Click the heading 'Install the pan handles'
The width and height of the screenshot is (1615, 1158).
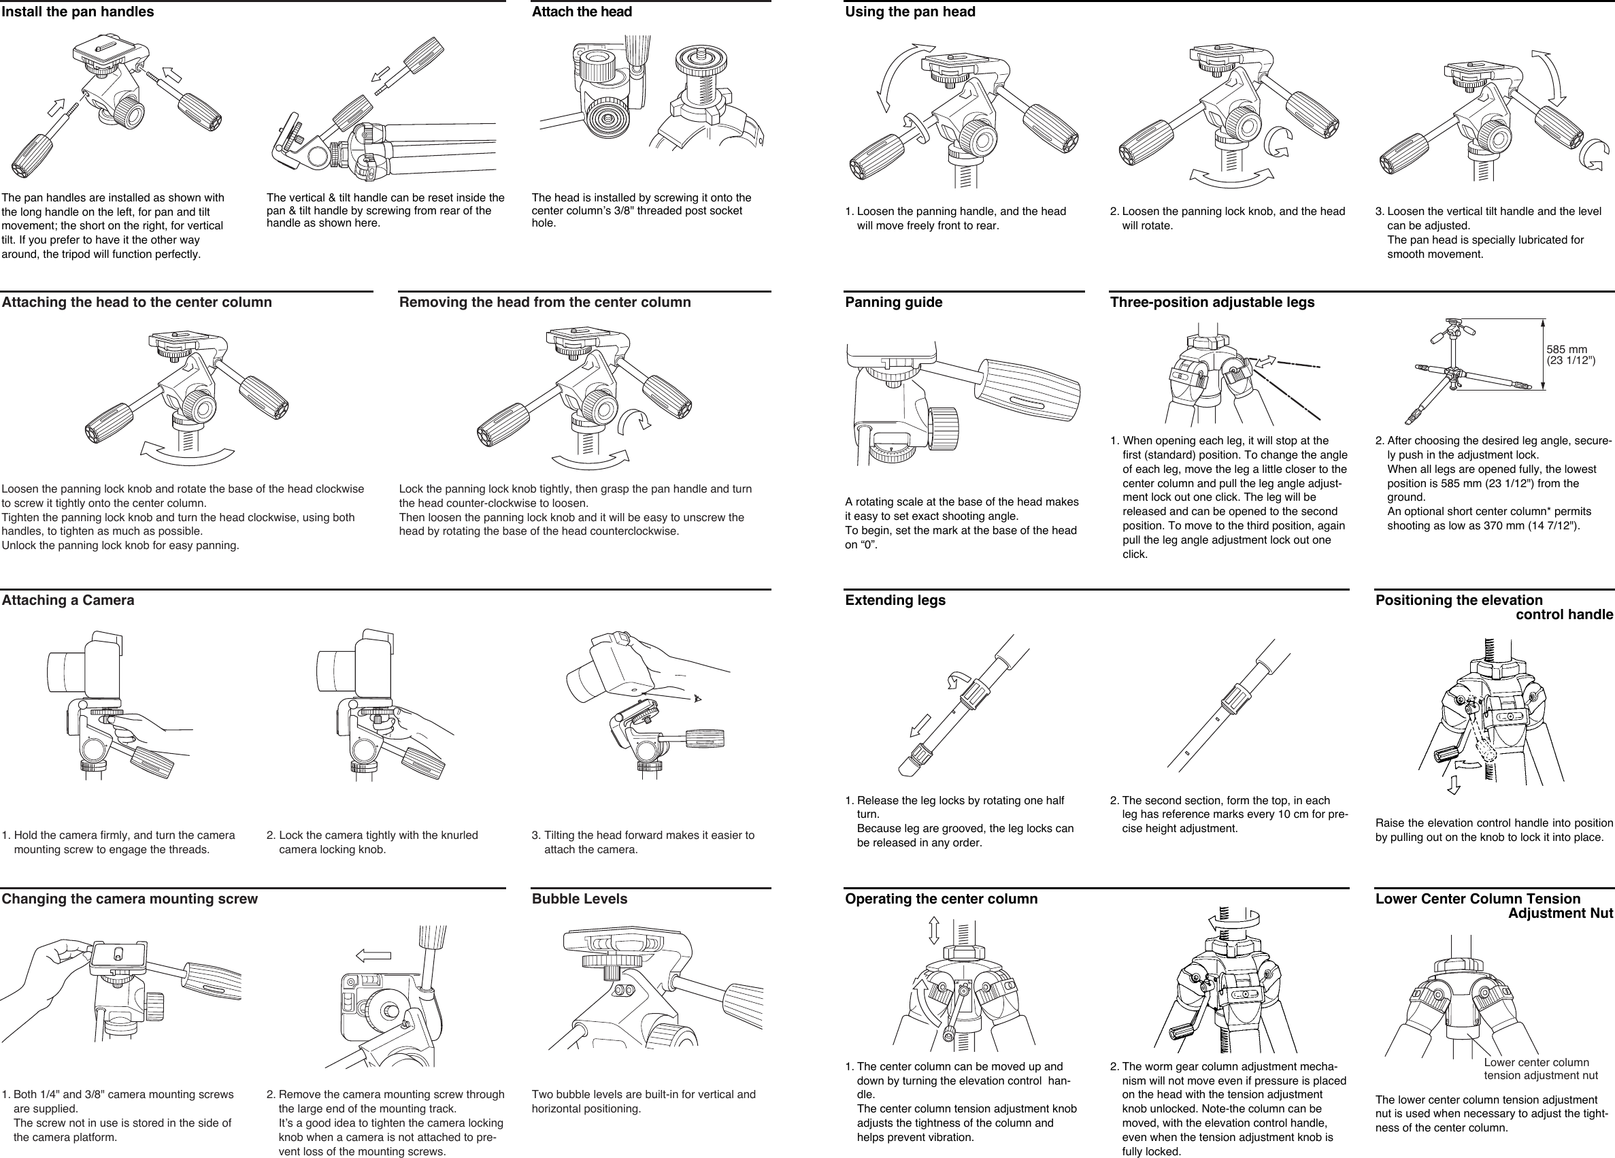78,12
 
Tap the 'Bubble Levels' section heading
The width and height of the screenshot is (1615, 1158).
579,899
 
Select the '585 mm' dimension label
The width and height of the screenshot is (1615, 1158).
1567,350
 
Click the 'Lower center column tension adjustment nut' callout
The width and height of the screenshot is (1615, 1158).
1540,1069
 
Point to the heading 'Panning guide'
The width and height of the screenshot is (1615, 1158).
893,302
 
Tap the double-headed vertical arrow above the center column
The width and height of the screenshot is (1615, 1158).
934,930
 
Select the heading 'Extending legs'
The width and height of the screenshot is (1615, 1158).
895,600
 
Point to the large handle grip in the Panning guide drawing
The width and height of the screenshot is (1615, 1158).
1030,391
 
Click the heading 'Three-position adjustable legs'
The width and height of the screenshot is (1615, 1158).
1212,302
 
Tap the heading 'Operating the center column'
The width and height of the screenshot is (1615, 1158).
941,899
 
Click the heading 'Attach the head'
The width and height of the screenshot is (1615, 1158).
581,12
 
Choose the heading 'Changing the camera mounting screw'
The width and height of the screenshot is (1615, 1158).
130,899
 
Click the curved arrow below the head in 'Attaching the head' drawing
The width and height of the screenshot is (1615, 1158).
187,454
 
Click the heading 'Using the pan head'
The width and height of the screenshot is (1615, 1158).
910,12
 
